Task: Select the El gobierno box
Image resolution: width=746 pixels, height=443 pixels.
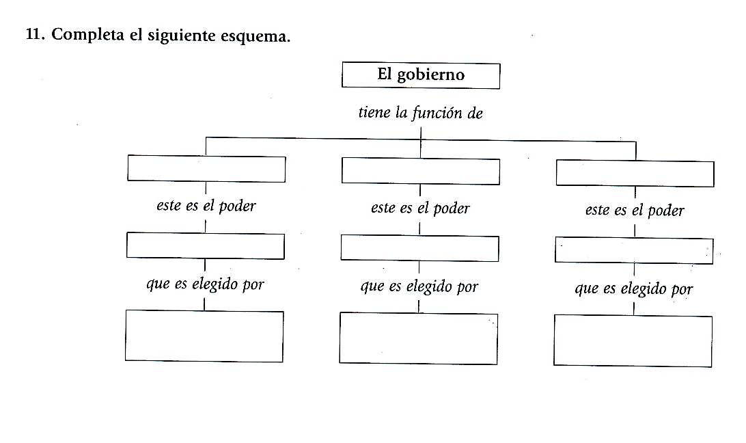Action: tap(420, 75)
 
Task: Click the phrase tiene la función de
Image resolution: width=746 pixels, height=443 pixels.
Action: tap(420, 113)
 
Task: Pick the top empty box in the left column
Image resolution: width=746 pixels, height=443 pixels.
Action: tap(206, 169)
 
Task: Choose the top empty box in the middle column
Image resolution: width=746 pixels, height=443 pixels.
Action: tap(420, 171)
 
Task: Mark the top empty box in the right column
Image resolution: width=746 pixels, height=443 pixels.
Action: tap(635, 174)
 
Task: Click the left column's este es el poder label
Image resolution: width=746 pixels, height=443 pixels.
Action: tap(206, 206)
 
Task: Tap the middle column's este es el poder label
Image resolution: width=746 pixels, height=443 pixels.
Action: tap(420, 208)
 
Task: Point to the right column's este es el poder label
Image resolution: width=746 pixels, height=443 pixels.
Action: tap(635, 211)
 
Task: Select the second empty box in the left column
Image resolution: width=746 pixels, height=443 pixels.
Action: tap(205, 246)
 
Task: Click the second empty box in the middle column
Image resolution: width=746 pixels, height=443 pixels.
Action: tap(419, 248)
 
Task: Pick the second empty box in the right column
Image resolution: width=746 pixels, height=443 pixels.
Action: tap(634, 251)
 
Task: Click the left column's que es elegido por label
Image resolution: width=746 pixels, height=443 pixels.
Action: tap(205, 284)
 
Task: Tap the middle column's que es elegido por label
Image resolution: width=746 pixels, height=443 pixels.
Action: tap(419, 287)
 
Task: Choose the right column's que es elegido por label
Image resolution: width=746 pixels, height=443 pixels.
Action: tap(634, 289)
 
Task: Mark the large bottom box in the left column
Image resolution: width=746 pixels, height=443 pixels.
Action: tap(204, 336)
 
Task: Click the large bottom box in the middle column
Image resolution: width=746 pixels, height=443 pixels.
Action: tap(418, 338)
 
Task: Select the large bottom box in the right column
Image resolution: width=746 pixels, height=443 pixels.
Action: tap(633, 340)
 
